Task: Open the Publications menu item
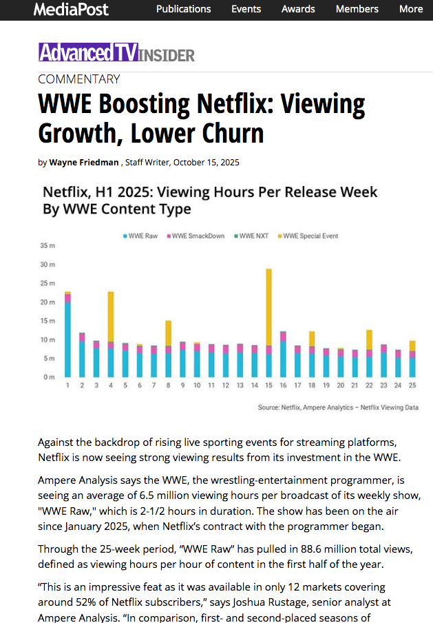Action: pos(183,9)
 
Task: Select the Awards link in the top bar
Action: pos(298,9)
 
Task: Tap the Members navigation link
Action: pos(357,9)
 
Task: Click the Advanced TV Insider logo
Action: pos(116,54)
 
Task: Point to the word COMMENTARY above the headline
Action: pos(78,79)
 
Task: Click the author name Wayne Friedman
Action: pos(85,163)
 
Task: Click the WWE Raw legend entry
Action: pos(141,236)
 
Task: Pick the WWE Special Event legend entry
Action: pos(309,236)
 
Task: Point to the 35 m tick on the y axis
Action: pos(47,245)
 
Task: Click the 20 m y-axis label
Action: pos(47,302)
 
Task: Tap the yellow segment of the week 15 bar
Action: pos(268,307)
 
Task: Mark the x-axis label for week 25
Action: pos(412,385)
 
